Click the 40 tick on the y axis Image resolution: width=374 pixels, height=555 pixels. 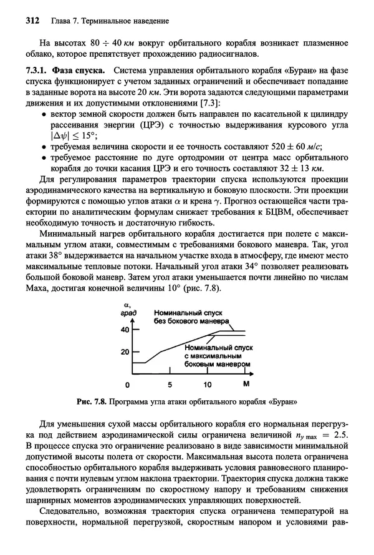tap(124, 329)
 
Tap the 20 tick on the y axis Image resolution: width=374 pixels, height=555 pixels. tap(124, 352)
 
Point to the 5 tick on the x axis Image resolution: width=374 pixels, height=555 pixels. tap(170, 385)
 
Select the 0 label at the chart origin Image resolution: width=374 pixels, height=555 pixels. tap(128, 385)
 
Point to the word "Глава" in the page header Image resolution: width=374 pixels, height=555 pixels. tap(56, 21)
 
